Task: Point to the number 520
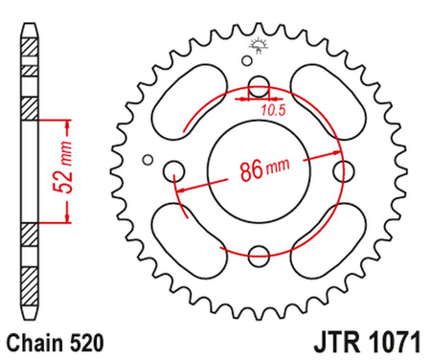80,340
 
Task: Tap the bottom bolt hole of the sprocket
258,256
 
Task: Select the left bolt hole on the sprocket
174,172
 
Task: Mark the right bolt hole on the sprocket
341,172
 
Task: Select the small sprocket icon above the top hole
258,43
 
